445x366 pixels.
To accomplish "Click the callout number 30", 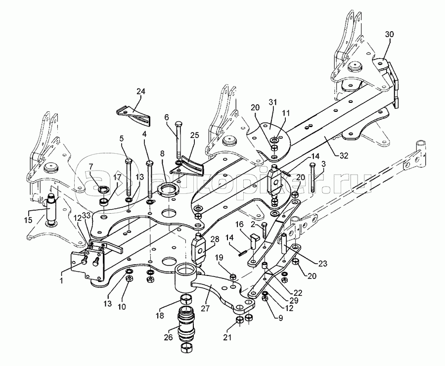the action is click(390, 35).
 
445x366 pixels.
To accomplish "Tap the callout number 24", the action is click(141, 91).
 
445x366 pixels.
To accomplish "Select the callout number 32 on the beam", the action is click(344, 156).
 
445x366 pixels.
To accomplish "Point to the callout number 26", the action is click(168, 337).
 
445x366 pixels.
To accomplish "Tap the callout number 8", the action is click(162, 154).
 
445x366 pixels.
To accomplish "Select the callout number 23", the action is click(323, 264).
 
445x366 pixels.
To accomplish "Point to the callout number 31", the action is click(273, 102).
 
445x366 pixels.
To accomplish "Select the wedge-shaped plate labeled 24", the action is click(133, 115).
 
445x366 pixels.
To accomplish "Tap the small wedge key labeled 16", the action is click(255, 241).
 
